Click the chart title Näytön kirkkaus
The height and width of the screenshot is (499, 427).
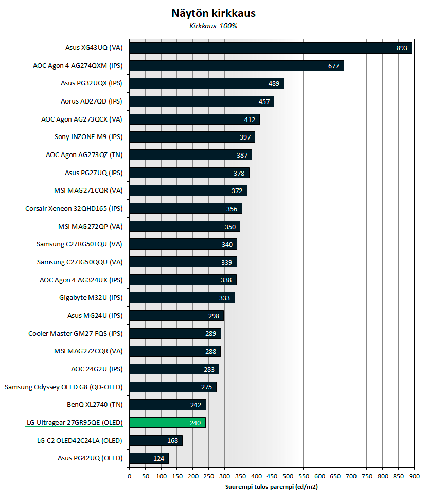(x=213, y=13)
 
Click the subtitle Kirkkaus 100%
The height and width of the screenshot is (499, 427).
(x=213, y=26)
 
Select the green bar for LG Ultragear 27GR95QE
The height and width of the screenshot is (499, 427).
(x=167, y=423)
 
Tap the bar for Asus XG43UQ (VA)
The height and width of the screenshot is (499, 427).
(x=270, y=48)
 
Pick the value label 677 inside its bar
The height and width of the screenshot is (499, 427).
(x=334, y=66)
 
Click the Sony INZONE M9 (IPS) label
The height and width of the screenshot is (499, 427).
(x=88, y=137)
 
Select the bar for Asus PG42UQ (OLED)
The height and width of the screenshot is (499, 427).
(x=149, y=458)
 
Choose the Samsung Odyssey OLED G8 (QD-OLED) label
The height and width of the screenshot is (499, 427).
(x=64, y=387)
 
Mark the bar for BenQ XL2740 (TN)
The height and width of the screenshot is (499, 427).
(x=167, y=405)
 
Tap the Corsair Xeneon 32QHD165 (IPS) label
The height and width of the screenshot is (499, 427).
(x=74, y=209)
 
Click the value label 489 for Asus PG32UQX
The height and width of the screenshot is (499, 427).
(x=274, y=83)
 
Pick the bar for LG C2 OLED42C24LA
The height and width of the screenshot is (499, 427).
(x=155, y=440)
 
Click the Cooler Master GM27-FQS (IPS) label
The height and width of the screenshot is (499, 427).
(x=76, y=333)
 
